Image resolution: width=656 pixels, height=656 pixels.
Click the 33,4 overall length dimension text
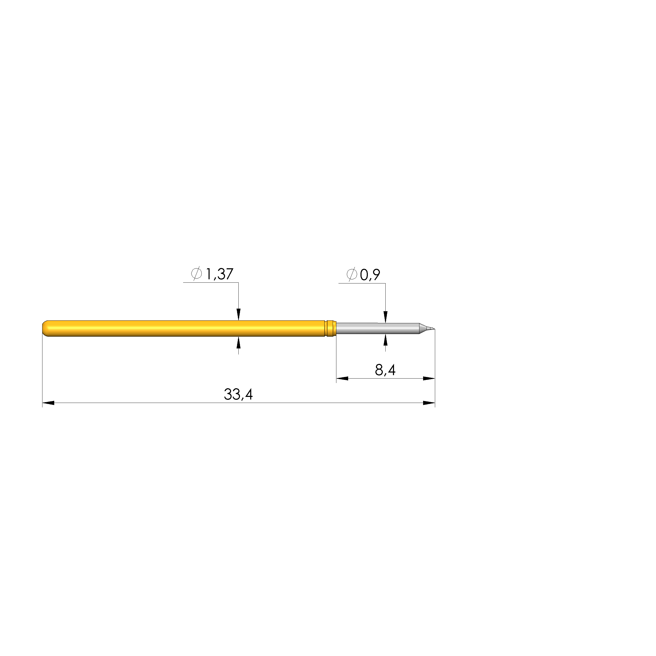click(238, 395)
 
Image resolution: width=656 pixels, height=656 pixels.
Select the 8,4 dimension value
click(385, 370)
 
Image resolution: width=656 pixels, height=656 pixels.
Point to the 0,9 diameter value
click(370, 275)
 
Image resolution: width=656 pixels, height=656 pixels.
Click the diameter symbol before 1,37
click(196, 274)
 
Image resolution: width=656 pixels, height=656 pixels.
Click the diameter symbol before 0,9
click(352, 274)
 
